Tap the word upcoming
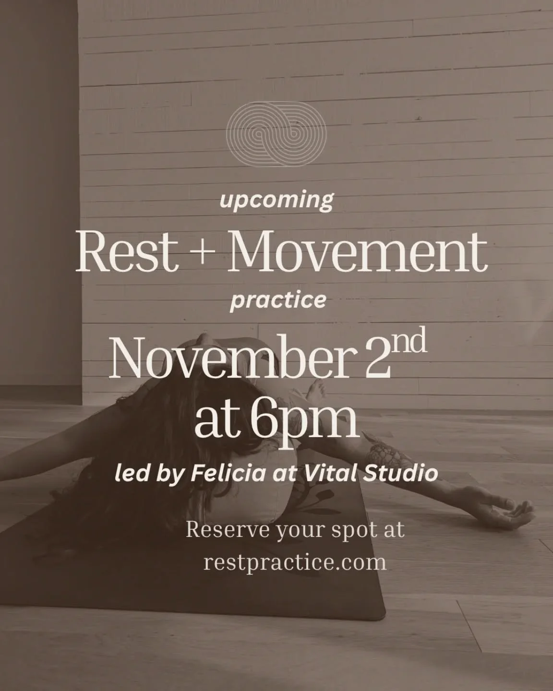coord(276,200)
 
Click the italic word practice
coord(278,300)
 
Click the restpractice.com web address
coord(295,561)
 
